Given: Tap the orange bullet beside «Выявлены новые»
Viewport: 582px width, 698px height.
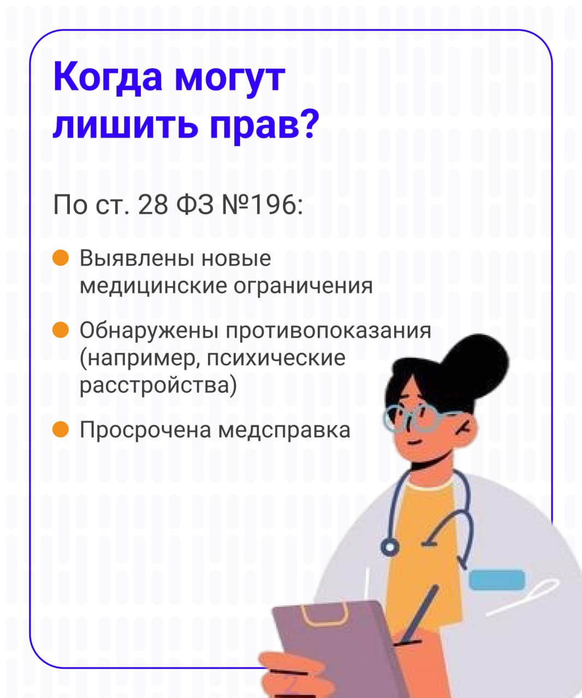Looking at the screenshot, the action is tap(61, 258).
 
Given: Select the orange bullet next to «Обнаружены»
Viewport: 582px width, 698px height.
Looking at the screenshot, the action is tap(61, 330).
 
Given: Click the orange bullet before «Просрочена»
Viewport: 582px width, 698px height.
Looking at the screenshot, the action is tap(61, 429).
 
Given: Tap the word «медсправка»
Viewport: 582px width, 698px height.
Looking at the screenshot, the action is tap(284, 430).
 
